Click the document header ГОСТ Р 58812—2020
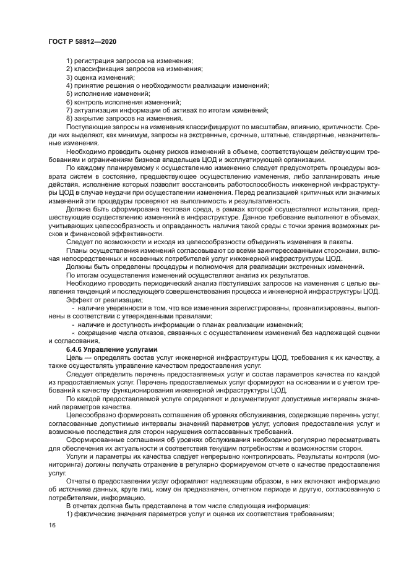pyautogui.click(x=82, y=40)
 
